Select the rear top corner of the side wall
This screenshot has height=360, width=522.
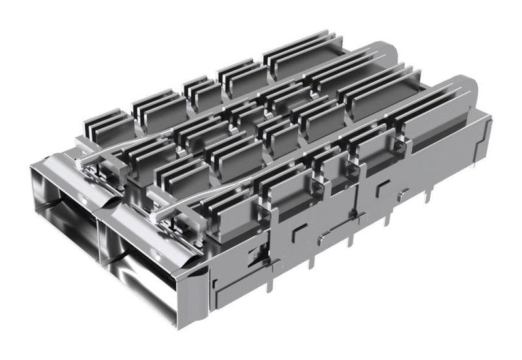(x=489, y=117)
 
